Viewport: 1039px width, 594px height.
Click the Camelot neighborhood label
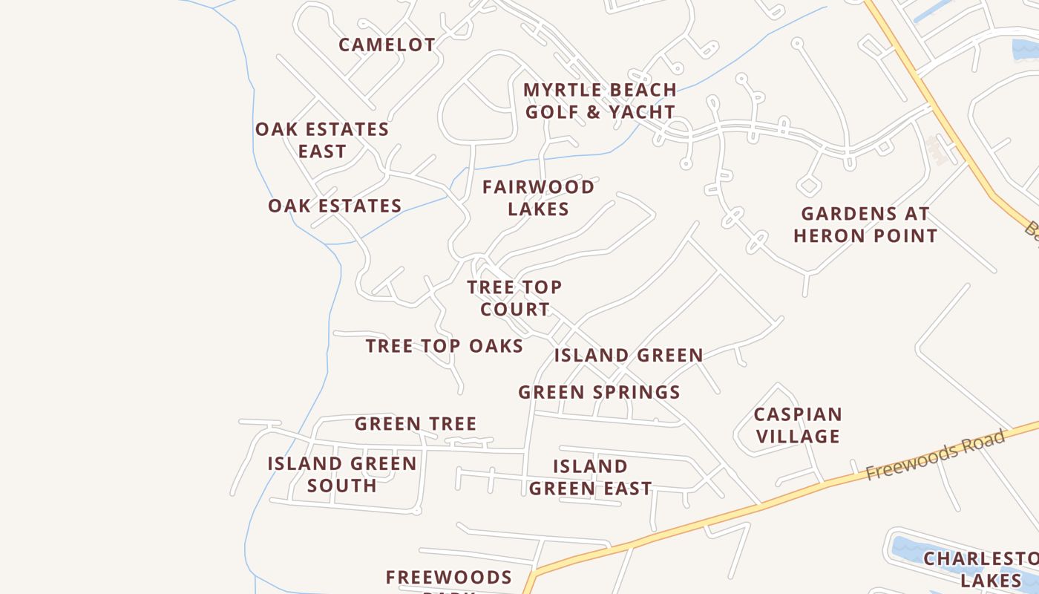[x=387, y=45]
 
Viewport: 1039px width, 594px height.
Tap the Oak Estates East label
[x=322, y=140]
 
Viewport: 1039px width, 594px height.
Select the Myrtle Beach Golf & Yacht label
[x=600, y=101]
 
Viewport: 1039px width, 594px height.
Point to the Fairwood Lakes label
[x=538, y=198]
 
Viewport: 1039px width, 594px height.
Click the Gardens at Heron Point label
[x=865, y=225]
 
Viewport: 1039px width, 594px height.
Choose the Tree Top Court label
[x=514, y=298]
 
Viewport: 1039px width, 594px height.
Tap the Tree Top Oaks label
[x=445, y=346]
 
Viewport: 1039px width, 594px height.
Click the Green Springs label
[x=599, y=392]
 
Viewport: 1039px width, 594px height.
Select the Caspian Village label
[x=798, y=425]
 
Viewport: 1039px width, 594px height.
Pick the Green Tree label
[x=415, y=424]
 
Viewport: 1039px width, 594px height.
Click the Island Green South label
[x=341, y=474]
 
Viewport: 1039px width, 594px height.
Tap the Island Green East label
[x=591, y=477]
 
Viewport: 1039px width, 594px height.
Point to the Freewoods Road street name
[x=935, y=454]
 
